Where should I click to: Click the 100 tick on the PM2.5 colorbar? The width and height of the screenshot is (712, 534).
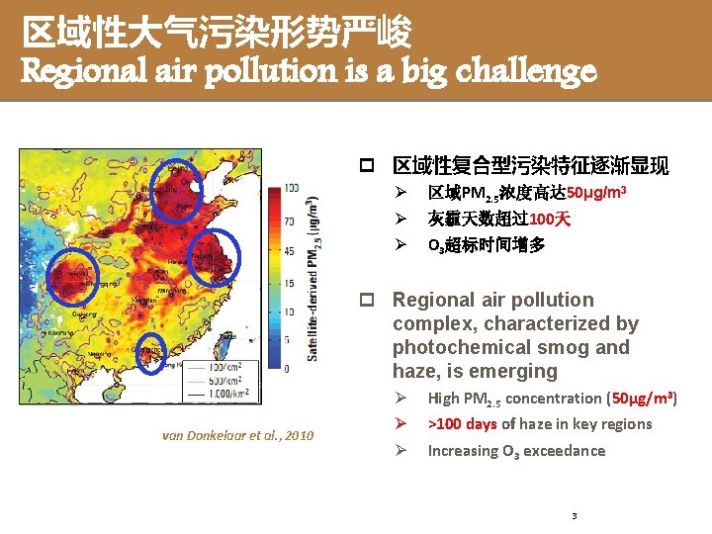pyautogui.click(x=292, y=188)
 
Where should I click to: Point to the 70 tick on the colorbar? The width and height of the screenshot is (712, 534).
pyautogui.click(x=290, y=221)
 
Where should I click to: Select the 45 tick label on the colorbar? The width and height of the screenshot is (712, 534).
pyautogui.click(x=290, y=251)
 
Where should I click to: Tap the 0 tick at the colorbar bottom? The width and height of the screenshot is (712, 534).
pyautogui.click(x=287, y=369)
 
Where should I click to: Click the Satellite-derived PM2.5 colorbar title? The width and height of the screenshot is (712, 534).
pyautogui.click(x=313, y=276)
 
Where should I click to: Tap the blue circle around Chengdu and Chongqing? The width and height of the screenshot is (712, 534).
pyautogui.click(x=73, y=276)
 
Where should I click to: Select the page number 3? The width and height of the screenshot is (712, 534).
pyautogui.click(x=574, y=516)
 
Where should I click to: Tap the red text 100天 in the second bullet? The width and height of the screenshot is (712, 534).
pyautogui.click(x=550, y=219)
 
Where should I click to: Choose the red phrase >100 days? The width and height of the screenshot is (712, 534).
pyautogui.click(x=462, y=424)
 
